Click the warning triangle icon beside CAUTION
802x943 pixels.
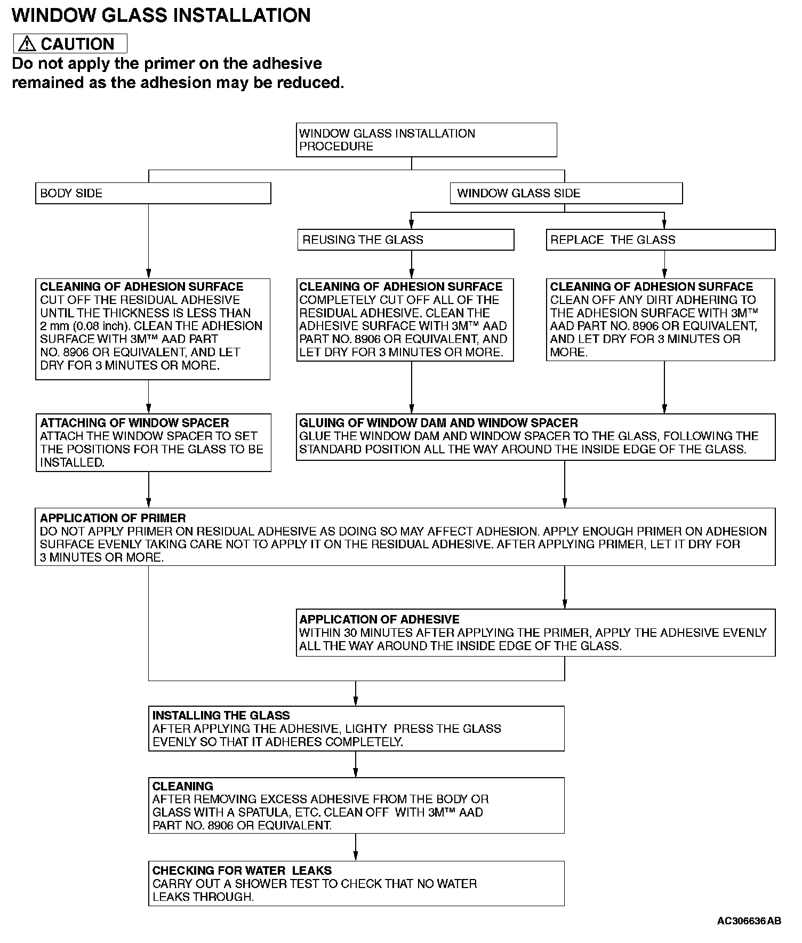point(27,44)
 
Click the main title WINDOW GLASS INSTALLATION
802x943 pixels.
point(161,15)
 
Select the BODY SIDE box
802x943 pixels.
point(153,193)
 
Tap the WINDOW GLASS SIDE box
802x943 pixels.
point(566,193)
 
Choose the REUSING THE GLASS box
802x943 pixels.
point(406,240)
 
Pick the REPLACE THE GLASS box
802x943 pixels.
point(661,240)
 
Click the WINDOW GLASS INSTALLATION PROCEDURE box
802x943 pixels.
point(426,140)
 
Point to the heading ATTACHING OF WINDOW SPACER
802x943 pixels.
point(134,423)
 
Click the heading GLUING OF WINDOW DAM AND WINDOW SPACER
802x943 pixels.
point(438,423)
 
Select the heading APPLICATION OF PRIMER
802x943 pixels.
point(113,518)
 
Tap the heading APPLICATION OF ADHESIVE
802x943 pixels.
point(379,619)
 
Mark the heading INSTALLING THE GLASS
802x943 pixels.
point(221,715)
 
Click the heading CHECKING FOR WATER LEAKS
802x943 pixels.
point(242,870)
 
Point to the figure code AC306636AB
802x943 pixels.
point(749,921)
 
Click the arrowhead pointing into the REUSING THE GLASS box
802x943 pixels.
point(412,225)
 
